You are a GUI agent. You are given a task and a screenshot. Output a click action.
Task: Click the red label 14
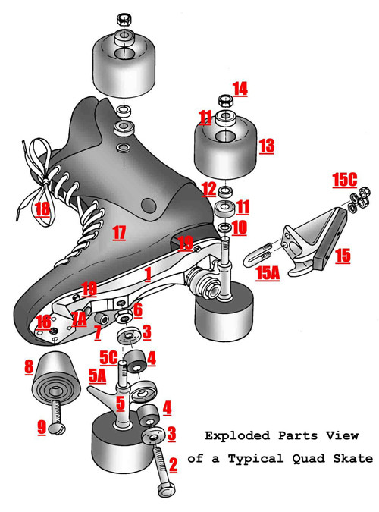pyautogui.click(x=240, y=89)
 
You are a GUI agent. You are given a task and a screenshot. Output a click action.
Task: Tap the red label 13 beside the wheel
pyautogui.click(x=267, y=146)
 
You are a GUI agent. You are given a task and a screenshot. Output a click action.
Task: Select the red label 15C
pyautogui.click(x=345, y=180)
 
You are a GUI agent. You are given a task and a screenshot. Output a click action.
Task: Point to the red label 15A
pyautogui.click(x=268, y=273)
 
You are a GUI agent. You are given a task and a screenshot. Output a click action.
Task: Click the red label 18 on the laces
pyautogui.click(x=42, y=209)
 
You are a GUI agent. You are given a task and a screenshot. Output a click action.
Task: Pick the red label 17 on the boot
pyautogui.click(x=119, y=233)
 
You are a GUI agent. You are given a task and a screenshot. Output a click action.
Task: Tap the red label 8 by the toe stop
pyautogui.click(x=29, y=367)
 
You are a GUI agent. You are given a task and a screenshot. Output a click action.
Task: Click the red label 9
pyautogui.click(x=42, y=428)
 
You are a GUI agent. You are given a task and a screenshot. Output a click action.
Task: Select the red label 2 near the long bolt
pyautogui.click(x=173, y=465)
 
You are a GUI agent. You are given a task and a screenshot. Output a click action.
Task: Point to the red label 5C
pyautogui.click(x=108, y=357)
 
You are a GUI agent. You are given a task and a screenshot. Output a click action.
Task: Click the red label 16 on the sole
pyautogui.click(x=44, y=322)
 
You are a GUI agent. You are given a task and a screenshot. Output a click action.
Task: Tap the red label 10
pyautogui.click(x=240, y=228)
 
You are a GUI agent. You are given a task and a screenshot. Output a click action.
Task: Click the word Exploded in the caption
pyautogui.click(x=237, y=435)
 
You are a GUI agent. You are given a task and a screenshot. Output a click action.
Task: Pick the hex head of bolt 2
pyautogui.click(x=166, y=489)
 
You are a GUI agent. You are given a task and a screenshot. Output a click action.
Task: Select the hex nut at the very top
pyautogui.click(x=124, y=19)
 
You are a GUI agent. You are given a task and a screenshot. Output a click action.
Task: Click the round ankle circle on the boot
pyautogui.click(x=149, y=205)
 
